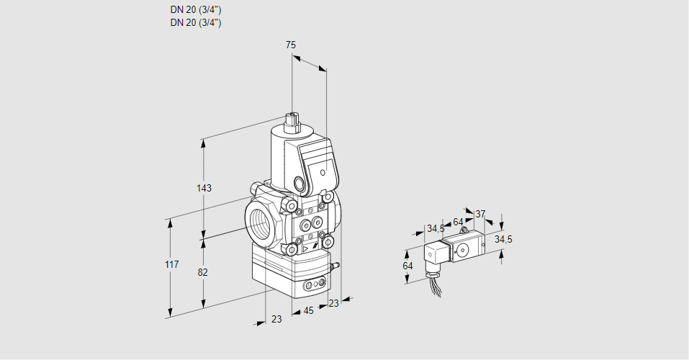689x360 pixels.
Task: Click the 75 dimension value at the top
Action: tap(291, 45)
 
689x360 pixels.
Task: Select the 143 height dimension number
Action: tap(204, 188)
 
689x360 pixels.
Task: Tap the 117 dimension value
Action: tap(171, 265)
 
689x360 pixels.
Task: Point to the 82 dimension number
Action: tap(203, 272)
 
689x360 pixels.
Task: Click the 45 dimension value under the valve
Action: tap(308, 311)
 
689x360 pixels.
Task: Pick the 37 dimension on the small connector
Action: tap(481, 214)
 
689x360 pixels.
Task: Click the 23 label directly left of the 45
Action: tap(276, 319)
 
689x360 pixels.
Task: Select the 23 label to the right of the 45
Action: tap(333, 303)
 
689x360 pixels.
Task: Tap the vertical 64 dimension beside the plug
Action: tap(408, 266)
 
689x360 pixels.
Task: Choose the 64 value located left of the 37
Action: tap(458, 222)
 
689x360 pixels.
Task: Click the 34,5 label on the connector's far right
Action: tap(503, 239)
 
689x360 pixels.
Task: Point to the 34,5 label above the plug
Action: tap(436, 229)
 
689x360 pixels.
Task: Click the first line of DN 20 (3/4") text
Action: tap(196, 10)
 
